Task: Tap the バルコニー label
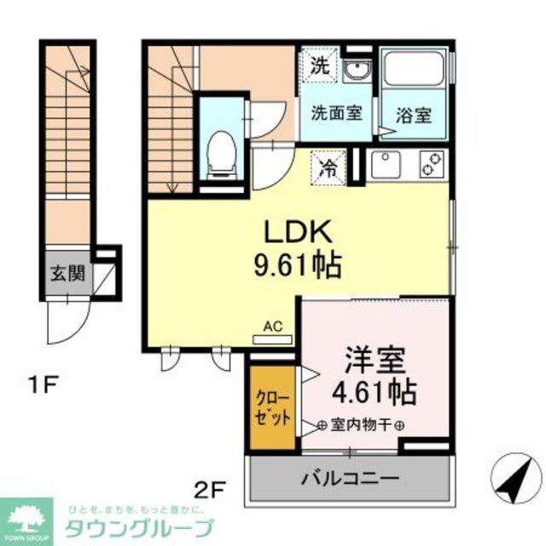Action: [351, 479]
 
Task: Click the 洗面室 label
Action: [335, 112]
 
